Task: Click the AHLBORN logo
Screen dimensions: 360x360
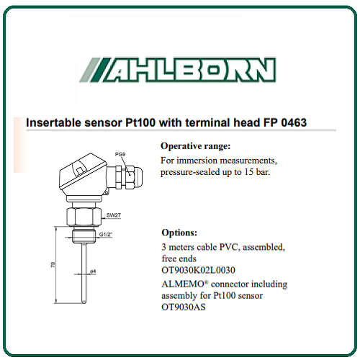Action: tap(178, 70)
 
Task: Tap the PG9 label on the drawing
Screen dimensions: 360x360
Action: tap(120, 154)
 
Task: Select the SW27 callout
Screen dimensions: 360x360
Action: tap(114, 215)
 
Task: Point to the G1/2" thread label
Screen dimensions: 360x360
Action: tap(106, 234)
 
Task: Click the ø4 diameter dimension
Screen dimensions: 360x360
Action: tap(93, 271)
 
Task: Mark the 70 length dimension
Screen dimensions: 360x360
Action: tap(53, 265)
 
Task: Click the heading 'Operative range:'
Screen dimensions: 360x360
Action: tap(196, 146)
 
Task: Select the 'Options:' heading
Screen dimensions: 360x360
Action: tap(179, 233)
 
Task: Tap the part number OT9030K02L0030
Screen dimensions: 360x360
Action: tap(198, 270)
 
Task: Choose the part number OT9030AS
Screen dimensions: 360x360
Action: tap(184, 307)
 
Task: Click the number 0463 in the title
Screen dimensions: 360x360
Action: tap(294, 122)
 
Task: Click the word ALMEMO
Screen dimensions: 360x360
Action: tap(183, 284)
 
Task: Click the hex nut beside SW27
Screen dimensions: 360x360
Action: tap(84, 217)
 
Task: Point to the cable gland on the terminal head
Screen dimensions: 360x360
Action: tap(128, 177)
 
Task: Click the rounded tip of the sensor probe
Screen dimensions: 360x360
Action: tap(84, 302)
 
